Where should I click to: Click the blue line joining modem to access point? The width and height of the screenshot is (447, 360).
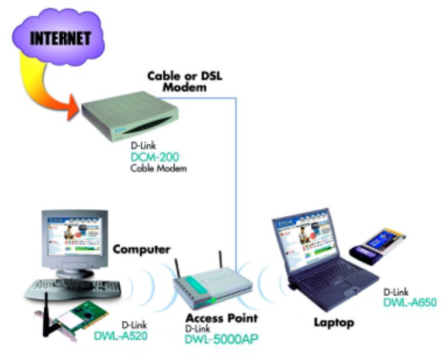coord(235,175)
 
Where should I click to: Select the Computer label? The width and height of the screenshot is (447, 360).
coord(141,250)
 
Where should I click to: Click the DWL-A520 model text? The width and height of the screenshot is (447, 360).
coord(120,336)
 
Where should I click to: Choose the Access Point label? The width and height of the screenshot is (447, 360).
coord(221,319)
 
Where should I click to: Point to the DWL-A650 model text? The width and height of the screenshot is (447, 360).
coord(410,302)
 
